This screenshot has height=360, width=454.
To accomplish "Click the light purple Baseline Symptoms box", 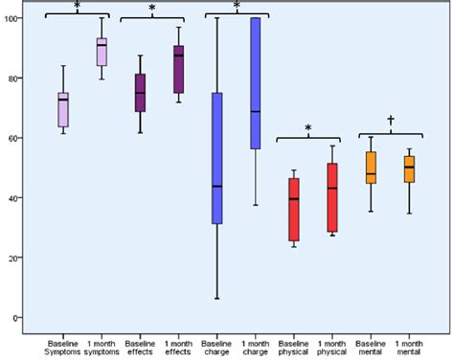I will (x=63, y=109).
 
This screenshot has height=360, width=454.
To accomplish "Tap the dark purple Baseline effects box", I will (x=140, y=92).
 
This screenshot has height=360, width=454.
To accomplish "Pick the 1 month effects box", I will (x=178, y=69).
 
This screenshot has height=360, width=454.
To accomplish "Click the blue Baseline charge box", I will (x=216, y=158).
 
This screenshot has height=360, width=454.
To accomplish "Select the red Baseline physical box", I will (x=293, y=209).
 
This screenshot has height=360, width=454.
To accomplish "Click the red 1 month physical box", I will (x=331, y=197).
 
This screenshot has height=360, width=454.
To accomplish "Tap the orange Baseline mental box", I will (x=371, y=167).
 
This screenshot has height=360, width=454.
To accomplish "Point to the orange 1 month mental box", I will (x=409, y=169).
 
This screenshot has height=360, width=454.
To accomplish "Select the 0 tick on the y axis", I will (x=21, y=318).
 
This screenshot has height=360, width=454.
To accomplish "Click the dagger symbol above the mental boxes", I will (x=390, y=121).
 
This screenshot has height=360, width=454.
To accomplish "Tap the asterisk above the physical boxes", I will (x=308, y=127).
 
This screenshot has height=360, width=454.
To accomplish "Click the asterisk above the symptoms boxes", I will (x=77, y=6).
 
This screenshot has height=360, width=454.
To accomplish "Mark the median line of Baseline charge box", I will (x=216, y=186).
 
